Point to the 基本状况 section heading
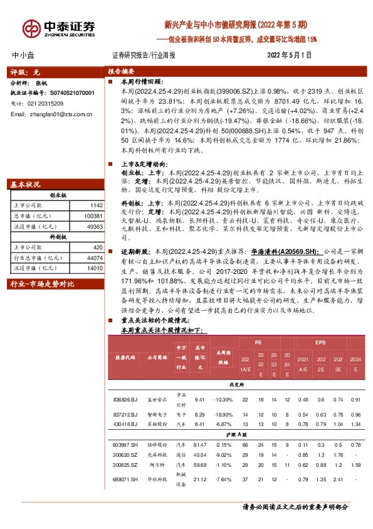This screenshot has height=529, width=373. coord(26,184)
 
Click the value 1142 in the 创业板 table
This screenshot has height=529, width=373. coord(96,205)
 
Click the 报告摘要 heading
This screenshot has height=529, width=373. coord(122,72)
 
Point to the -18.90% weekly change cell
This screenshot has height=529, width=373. coord(222,415)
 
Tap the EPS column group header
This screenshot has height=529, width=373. coord(320,342)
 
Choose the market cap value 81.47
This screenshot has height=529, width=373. coord(200,444)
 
